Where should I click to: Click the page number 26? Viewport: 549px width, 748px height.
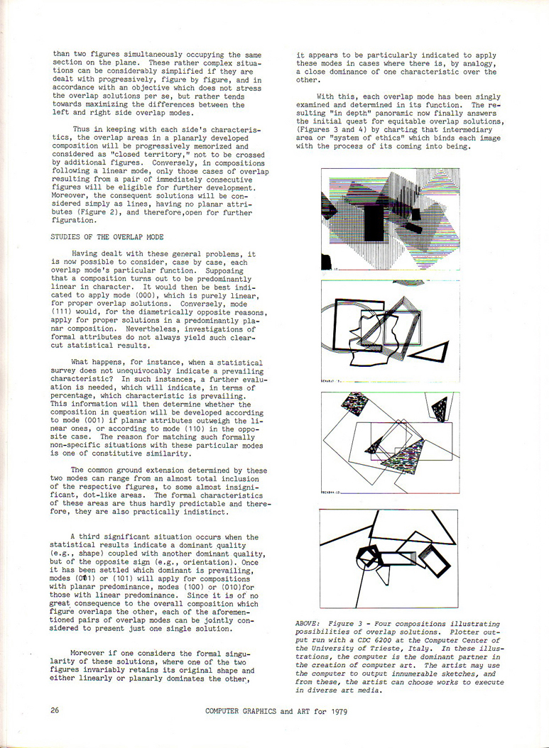click(x=55, y=710)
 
